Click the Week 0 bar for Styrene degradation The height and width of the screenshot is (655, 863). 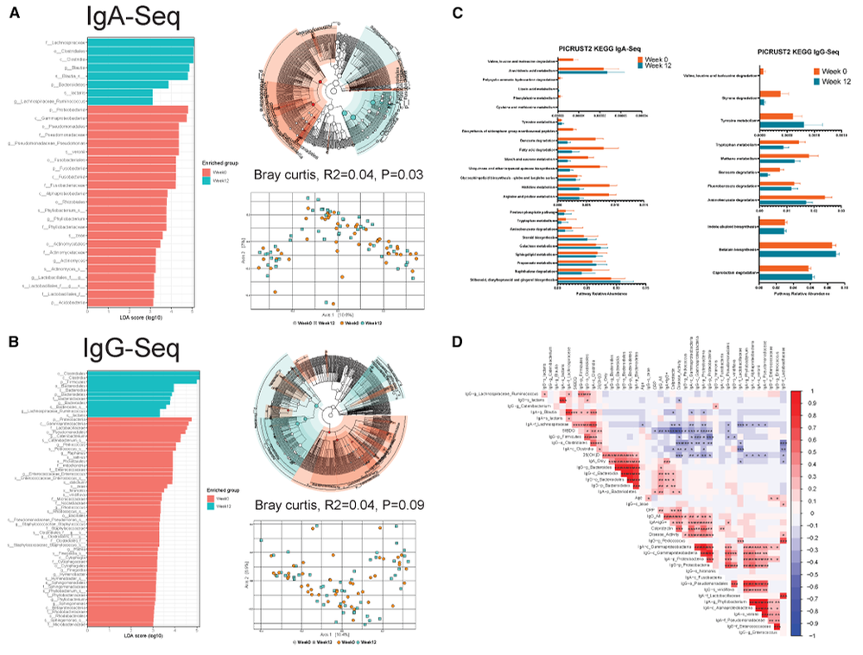pos(769,93)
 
